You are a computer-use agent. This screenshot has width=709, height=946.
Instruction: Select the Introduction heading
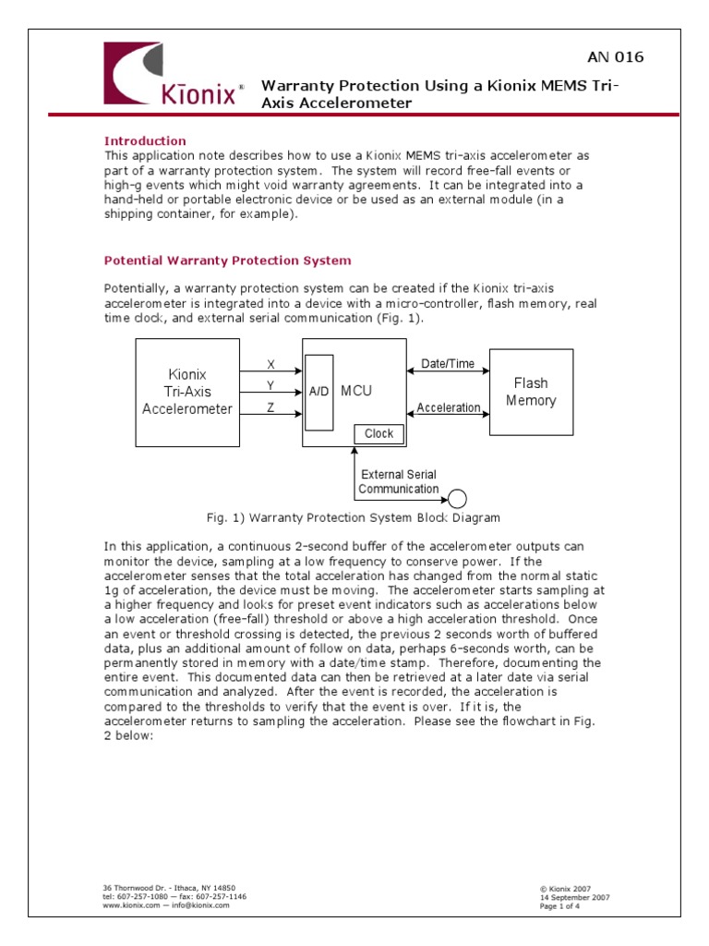145,141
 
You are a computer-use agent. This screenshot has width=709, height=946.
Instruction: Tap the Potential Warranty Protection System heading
227,261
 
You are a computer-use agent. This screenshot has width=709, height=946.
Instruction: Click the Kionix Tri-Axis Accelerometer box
187,391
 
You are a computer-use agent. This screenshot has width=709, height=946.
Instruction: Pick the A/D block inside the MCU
319,392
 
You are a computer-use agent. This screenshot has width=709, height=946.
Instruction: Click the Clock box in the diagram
379,433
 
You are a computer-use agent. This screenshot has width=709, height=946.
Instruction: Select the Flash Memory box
531,392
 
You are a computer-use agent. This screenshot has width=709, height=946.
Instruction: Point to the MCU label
356,391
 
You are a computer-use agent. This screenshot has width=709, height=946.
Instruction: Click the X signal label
270,364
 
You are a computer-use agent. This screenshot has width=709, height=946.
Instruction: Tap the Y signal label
270,384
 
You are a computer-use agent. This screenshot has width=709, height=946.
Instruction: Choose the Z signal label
270,406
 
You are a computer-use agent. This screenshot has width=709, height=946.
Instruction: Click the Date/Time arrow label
448,364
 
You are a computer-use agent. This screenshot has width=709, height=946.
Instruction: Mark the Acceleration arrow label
449,407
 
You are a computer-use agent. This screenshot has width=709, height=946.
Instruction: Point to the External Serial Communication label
399,481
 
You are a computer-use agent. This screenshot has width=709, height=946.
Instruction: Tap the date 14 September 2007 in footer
574,897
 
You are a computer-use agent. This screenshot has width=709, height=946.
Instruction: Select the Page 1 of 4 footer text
560,906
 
